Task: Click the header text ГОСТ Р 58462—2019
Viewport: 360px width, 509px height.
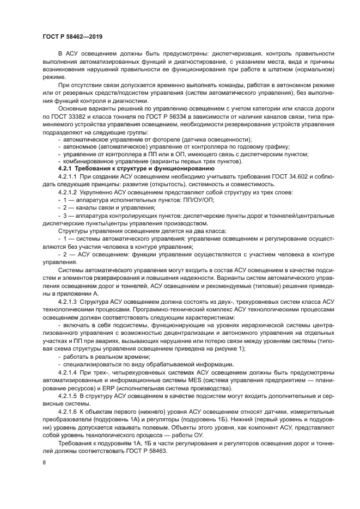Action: [x=72, y=37]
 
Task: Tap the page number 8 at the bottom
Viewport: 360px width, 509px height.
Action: [x=44, y=462]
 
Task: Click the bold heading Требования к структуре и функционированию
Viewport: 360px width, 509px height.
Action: [x=143, y=169]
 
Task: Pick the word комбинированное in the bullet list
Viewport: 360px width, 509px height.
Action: [x=88, y=162]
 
